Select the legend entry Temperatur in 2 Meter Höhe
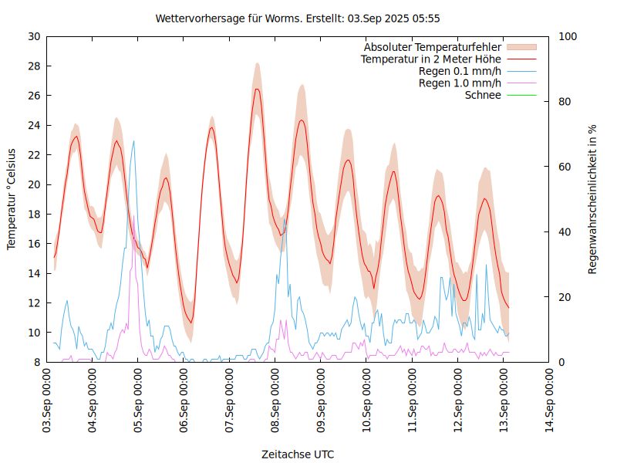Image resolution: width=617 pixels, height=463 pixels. (x=431, y=59)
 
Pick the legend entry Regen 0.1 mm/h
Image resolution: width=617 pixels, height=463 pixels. (x=460, y=72)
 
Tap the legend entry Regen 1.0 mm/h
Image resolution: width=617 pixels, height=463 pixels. (x=460, y=83)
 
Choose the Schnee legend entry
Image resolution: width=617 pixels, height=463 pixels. (x=483, y=95)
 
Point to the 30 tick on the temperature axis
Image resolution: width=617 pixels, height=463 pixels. (x=34, y=36)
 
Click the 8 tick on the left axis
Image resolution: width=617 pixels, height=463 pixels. (x=37, y=362)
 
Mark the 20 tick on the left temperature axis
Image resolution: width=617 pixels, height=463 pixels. (x=34, y=184)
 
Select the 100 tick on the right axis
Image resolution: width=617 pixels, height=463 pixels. (x=568, y=36)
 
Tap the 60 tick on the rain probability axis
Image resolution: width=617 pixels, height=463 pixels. (x=565, y=167)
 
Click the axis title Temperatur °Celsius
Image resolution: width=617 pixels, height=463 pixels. (x=12, y=199)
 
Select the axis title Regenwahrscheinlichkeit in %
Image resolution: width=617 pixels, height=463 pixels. (x=593, y=199)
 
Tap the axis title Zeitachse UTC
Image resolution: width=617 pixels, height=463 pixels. (x=298, y=454)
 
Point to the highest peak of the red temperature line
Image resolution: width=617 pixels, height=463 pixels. (x=257, y=89)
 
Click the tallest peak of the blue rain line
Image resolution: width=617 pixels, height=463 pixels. (x=133, y=141)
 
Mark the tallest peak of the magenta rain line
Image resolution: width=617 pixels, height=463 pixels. (x=133, y=218)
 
